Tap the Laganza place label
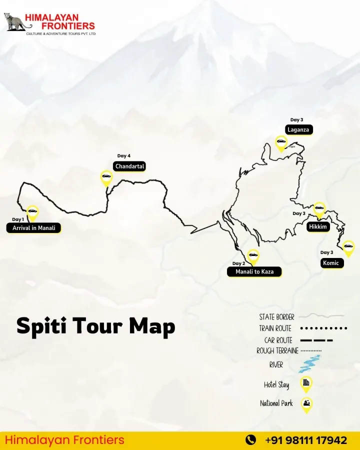click(x=298, y=129)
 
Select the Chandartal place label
click(x=129, y=166)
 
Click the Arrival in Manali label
click(x=33, y=228)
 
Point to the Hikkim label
click(x=318, y=226)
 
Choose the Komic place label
click(x=331, y=262)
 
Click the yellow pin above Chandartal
click(x=106, y=177)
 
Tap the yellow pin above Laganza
click(x=281, y=143)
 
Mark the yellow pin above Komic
click(x=348, y=246)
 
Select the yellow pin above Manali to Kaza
click(x=253, y=256)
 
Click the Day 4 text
click(x=124, y=156)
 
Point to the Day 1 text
click(x=18, y=219)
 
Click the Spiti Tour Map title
click(x=95, y=326)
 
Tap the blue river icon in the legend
click(x=309, y=364)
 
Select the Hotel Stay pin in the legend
click(x=306, y=383)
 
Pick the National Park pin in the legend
click(x=306, y=403)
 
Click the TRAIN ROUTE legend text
click(x=275, y=328)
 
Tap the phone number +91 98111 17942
click(x=305, y=440)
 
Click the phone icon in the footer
click(x=250, y=440)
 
